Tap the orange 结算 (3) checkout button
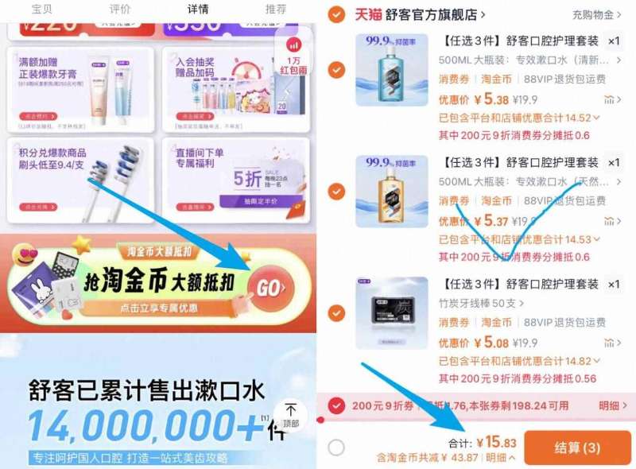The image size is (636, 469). click(577, 448)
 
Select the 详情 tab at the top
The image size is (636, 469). click(198, 10)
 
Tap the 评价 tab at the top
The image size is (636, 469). click(120, 10)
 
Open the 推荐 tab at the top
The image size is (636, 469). click(276, 10)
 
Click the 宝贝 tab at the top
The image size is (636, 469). click(42, 10)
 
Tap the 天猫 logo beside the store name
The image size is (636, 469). click(367, 14)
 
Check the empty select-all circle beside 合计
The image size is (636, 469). click(336, 448)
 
